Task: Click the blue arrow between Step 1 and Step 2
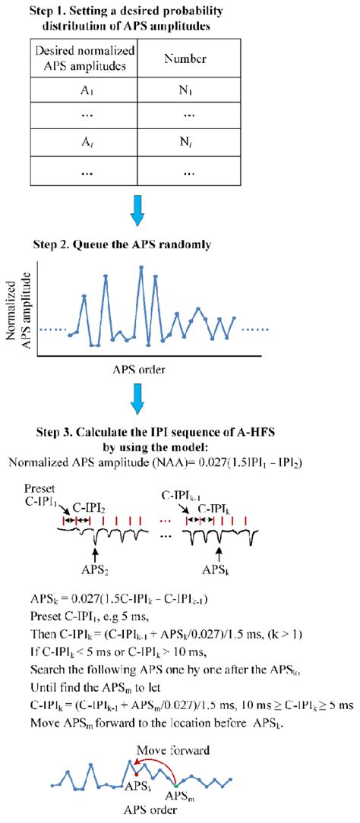coord(137,212)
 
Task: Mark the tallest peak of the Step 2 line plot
coord(141,267)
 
